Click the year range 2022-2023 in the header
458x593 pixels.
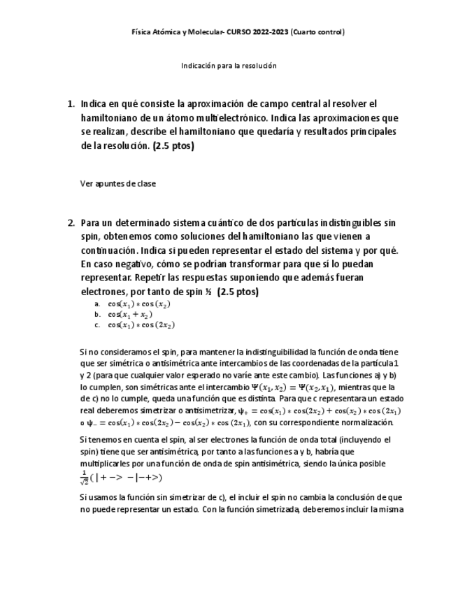click(268, 31)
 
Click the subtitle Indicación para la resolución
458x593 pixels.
click(229, 66)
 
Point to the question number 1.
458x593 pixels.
click(71, 103)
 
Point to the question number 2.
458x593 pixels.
click(71, 223)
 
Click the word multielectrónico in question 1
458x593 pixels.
click(231, 118)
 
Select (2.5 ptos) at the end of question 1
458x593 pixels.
click(173, 146)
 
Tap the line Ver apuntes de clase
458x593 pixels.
click(118, 184)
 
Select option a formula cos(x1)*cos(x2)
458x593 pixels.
click(139, 304)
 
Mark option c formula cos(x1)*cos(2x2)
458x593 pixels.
click(141, 325)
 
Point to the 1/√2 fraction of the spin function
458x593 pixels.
click(85, 478)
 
